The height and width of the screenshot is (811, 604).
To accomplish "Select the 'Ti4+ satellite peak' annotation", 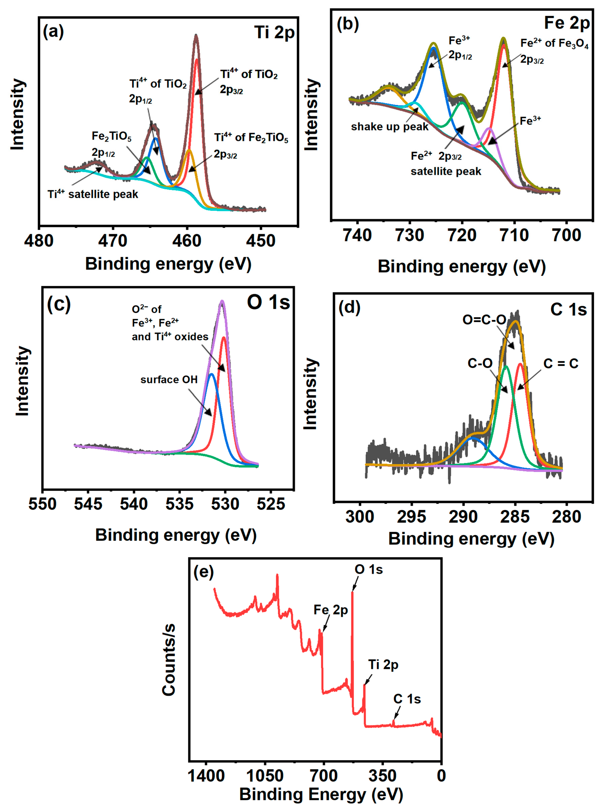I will pos(93,194).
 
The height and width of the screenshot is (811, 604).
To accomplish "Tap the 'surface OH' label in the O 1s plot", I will pos(169,380).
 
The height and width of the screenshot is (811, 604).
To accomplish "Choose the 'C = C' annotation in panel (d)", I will pos(561,364).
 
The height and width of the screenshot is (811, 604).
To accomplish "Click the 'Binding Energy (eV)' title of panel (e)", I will pos(321,794).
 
